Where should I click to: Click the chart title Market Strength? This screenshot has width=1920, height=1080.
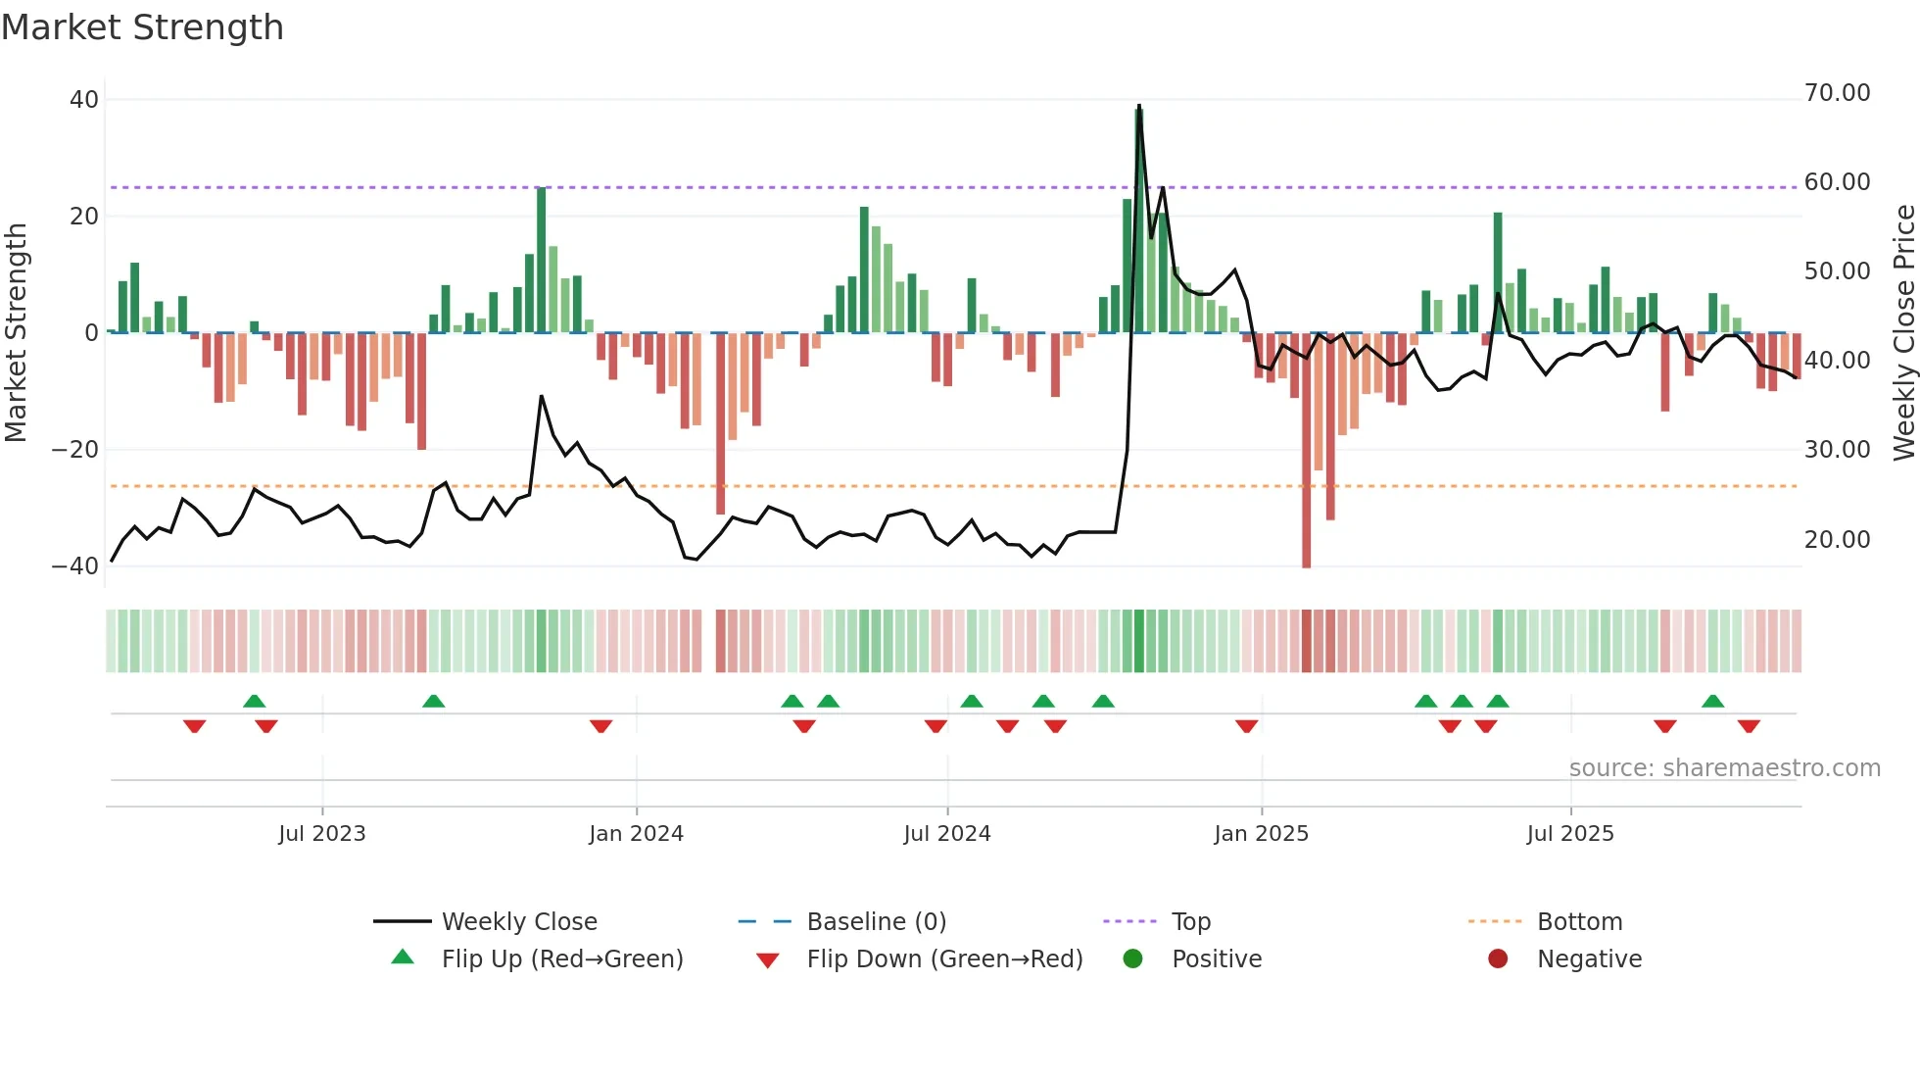click(x=142, y=27)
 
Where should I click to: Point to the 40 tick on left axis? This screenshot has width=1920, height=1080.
click(x=83, y=99)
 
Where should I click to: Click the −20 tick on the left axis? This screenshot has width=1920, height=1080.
click(x=75, y=450)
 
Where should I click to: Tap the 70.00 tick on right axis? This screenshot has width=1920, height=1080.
click(x=1837, y=93)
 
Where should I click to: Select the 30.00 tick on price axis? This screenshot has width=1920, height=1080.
click(x=1837, y=450)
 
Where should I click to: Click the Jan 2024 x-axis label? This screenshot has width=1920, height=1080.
click(x=636, y=834)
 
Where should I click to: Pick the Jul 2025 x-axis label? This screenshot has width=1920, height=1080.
click(x=1569, y=834)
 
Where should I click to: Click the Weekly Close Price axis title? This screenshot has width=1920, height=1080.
click(x=1903, y=333)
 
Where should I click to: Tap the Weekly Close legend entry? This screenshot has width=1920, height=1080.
click(x=518, y=922)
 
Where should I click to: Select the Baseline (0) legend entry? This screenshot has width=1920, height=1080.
click(x=876, y=922)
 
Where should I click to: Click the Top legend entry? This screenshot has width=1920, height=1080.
click(x=1190, y=922)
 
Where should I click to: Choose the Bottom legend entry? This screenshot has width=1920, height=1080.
click(x=1579, y=922)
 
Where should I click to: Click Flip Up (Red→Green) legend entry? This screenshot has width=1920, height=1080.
click(x=561, y=959)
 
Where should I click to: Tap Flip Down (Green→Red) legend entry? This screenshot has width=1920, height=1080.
click(x=943, y=959)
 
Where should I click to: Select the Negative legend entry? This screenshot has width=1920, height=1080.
click(x=1588, y=959)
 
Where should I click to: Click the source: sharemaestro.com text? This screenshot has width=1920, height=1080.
click(x=1724, y=768)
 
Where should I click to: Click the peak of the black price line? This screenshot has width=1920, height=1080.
click(x=1138, y=106)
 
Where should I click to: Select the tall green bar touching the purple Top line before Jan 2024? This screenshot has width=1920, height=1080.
click(x=541, y=260)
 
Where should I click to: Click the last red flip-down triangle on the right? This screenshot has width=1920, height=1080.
click(x=1749, y=726)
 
